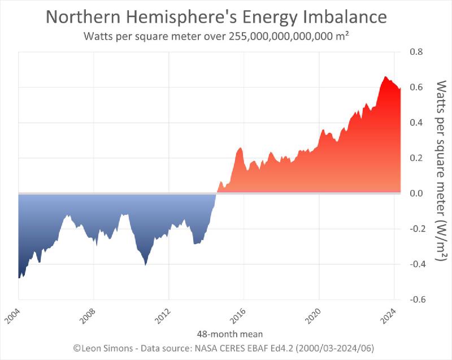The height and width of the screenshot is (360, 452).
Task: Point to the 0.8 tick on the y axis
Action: point(416,52)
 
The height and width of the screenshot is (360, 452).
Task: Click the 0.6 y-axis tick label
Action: point(416,88)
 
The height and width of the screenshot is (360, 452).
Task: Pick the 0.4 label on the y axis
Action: point(416,123)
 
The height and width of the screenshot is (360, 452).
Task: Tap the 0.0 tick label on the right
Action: point(416,193)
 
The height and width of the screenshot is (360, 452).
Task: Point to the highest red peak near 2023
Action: point(385,77)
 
